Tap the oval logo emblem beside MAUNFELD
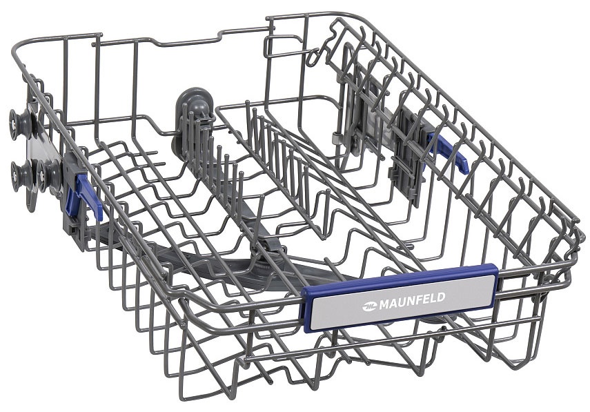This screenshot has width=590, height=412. click(369, 306)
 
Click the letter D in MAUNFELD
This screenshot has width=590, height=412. click(441, 297)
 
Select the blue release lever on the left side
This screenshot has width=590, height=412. click(88, 197)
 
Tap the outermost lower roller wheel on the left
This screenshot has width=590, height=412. click(21, 175)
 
